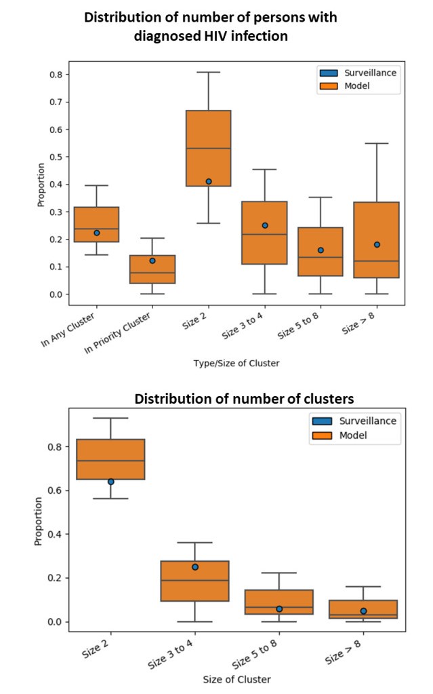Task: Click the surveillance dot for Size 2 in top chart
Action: point(209,181)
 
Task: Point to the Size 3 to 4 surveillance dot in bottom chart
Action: point(195,566)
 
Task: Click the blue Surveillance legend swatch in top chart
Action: point(328,73)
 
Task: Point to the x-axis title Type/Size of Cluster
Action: point(236,363)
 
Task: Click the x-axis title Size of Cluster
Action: point(236,678)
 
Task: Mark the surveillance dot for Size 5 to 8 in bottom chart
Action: point(279,609)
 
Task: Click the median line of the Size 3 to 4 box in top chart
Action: point(265,234)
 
